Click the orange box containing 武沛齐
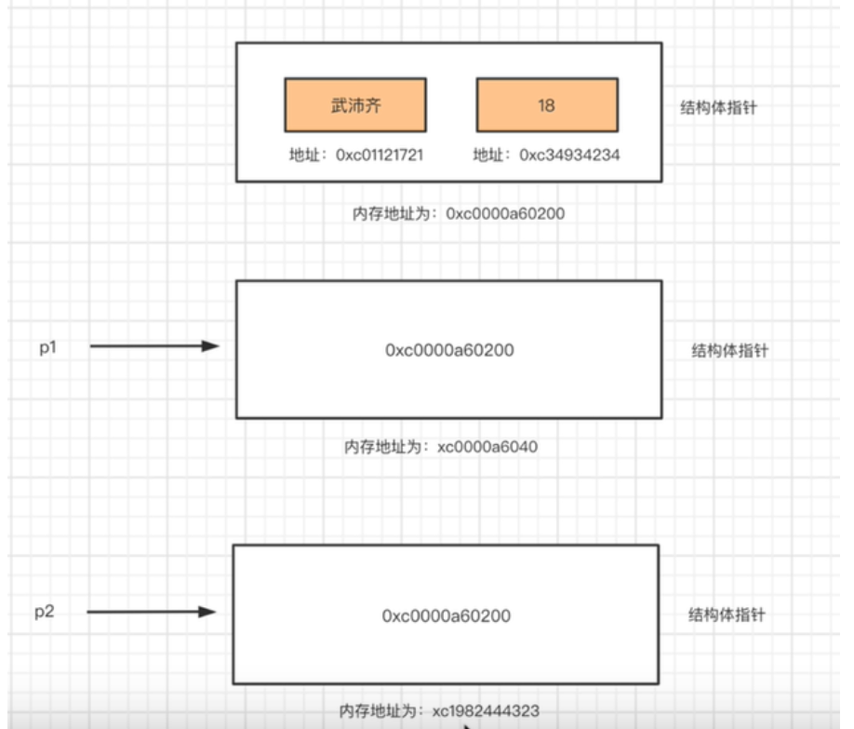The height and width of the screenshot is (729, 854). [355, 105]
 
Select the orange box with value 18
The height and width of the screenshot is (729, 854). [546, 105]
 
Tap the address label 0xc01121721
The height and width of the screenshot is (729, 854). [355, 155]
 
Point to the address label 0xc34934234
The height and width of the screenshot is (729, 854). [546, 155]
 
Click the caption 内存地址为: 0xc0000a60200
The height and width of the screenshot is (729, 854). [454, 213]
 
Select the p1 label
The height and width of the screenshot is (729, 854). [48, 346]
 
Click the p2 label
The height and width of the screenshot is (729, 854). [45, 612]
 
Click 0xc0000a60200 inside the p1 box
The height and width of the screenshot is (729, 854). [449, 350]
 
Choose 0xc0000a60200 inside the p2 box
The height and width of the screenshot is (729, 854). [447, 615]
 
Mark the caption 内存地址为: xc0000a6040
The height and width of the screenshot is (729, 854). [441, 447]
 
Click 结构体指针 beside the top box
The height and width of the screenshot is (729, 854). [719, 108]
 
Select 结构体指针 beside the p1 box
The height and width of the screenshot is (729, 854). [730, 351]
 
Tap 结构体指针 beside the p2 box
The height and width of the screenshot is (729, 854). [727, 615]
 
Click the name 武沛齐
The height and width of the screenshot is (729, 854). [355, 105]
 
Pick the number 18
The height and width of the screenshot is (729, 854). [546, 105]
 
